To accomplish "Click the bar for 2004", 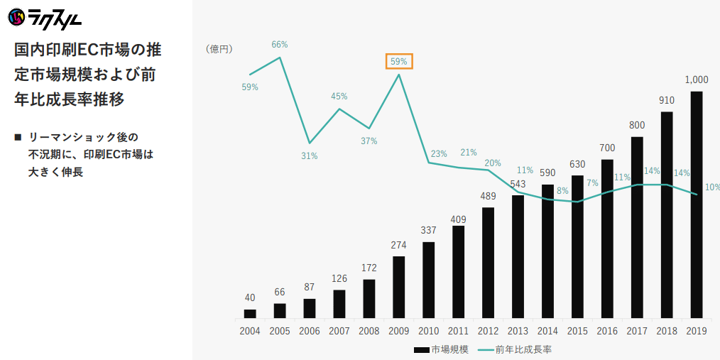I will coord(250,313).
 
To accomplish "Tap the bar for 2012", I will coord(488,263).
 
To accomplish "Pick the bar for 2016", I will coord(607,239).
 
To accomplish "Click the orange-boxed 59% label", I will coord(398,61).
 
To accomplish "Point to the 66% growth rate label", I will coord(280,45).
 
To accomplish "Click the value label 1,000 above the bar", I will coord(697,80).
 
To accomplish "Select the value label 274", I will coord(398,245).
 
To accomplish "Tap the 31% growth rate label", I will coord(309,156).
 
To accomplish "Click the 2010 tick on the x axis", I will coord(428,331).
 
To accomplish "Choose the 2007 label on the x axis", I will coord(339,331).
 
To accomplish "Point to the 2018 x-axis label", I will coord(667,331).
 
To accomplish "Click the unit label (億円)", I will coord(219,49).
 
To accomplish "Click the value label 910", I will coord(667,100).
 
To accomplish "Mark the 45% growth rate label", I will coord(339,97).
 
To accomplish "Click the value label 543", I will coord(518,183).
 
